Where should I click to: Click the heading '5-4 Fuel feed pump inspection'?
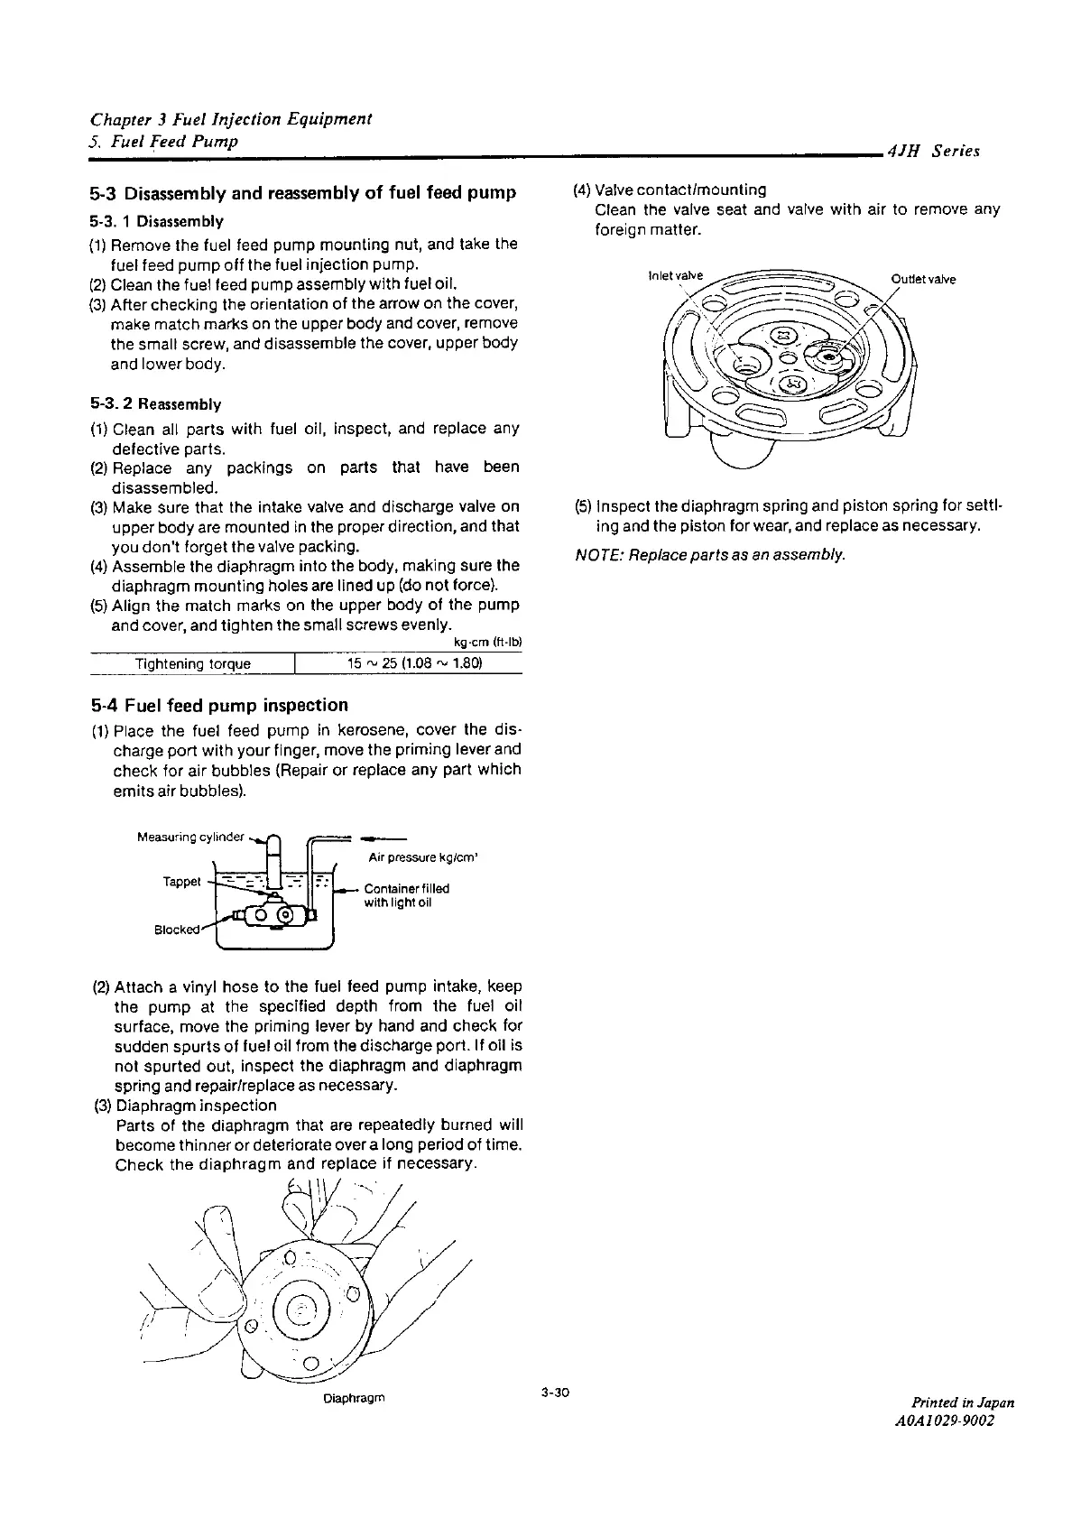(x=219, y=705)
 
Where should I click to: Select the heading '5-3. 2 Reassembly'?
(x=155, y=404)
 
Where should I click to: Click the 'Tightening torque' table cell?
(x=192, y=664)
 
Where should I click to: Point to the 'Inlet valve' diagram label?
(x=674, y=275)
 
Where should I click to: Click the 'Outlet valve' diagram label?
(x=922, y=279)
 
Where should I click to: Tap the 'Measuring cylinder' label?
(x=190, y=837)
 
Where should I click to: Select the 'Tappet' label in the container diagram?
(x=181, y=881)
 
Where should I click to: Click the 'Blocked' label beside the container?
(x=176, y=930)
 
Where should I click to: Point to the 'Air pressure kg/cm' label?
(x=422, y=857)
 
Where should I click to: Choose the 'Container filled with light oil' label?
(x=406, y=894)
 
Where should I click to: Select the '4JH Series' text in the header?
(x=934, y=152)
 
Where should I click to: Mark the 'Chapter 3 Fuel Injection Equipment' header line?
(x=232, y=119)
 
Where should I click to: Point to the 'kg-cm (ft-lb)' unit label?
(x=492, y=643)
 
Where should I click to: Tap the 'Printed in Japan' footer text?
(x=963, y=1402)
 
